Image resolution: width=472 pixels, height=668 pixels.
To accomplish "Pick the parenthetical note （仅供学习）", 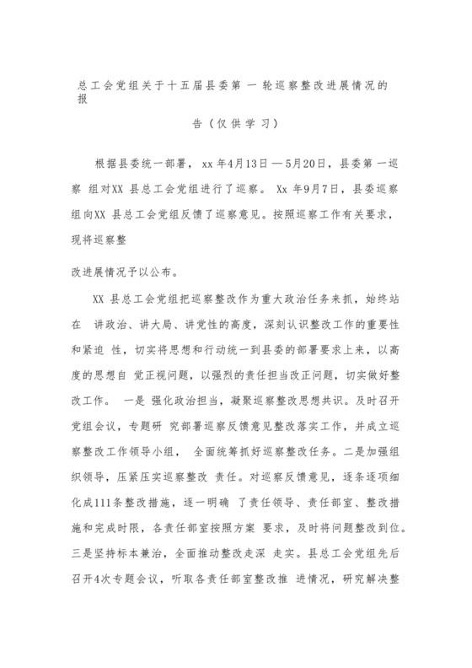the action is pos(235,123).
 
